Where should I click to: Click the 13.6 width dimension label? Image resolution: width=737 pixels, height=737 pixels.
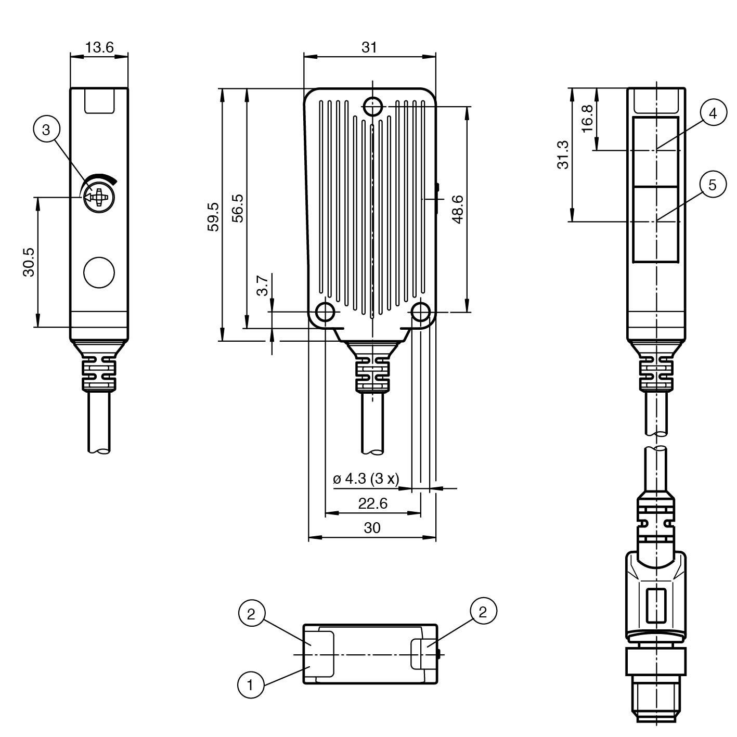[99, 47]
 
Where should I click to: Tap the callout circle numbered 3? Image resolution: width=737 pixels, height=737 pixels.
[46, 129]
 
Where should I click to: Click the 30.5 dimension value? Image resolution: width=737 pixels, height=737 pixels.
[29, 262]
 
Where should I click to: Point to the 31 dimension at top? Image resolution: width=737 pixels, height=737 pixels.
[369, 47]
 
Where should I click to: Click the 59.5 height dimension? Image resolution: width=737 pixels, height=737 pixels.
[213, 216]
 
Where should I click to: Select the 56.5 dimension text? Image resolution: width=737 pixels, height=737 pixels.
[237, 208]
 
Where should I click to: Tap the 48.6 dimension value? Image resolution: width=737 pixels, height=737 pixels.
[458, 209]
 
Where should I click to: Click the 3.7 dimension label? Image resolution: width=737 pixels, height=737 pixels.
[264, 286]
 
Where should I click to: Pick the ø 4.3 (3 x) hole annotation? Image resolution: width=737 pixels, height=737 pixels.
[366, 479]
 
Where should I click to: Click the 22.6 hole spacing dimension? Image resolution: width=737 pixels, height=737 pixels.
[372, 503]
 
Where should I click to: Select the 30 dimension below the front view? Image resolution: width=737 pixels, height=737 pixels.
[372, 528]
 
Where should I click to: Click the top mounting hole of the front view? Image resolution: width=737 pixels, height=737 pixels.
[372, 106]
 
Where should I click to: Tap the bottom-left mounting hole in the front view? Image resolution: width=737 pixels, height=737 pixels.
[326, 312]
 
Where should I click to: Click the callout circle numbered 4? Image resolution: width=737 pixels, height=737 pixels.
[713, 113]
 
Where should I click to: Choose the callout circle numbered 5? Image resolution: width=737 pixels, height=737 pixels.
[713, 185]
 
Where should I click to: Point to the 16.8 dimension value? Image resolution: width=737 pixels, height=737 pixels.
[587, 119]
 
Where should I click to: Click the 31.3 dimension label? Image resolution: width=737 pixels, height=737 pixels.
[563, 154]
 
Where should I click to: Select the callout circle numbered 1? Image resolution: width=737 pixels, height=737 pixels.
[250, 685]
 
